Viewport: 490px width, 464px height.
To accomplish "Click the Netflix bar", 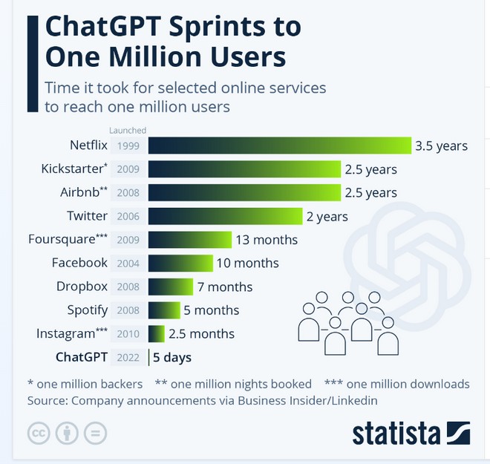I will (279, 146).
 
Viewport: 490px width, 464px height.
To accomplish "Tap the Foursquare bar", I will (190, 240).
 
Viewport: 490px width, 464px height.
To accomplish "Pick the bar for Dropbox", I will (171, 287).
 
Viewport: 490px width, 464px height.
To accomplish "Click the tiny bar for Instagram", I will (157, 333).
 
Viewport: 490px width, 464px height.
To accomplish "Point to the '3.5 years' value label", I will (441, 146).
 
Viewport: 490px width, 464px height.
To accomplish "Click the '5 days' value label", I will (172, 357).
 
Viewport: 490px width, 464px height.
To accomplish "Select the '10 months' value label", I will (247, 263).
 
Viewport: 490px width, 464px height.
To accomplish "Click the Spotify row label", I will (88, 310).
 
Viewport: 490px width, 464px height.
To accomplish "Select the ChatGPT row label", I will (82, 357).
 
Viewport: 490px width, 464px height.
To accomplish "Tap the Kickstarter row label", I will (74, 169).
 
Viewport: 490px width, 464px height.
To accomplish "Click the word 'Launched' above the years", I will (128, 131).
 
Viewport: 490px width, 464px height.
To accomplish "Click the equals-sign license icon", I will (94, 433).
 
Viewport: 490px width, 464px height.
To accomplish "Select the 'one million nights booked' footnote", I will (233, 384).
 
